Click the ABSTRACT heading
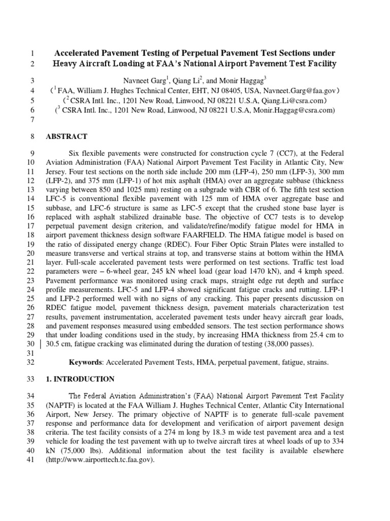pyautogui.click(x=67, y=136)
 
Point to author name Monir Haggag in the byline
pyautogui.click(x=243, y=81)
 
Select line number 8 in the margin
pyautogui.click(x=31, y=136)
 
